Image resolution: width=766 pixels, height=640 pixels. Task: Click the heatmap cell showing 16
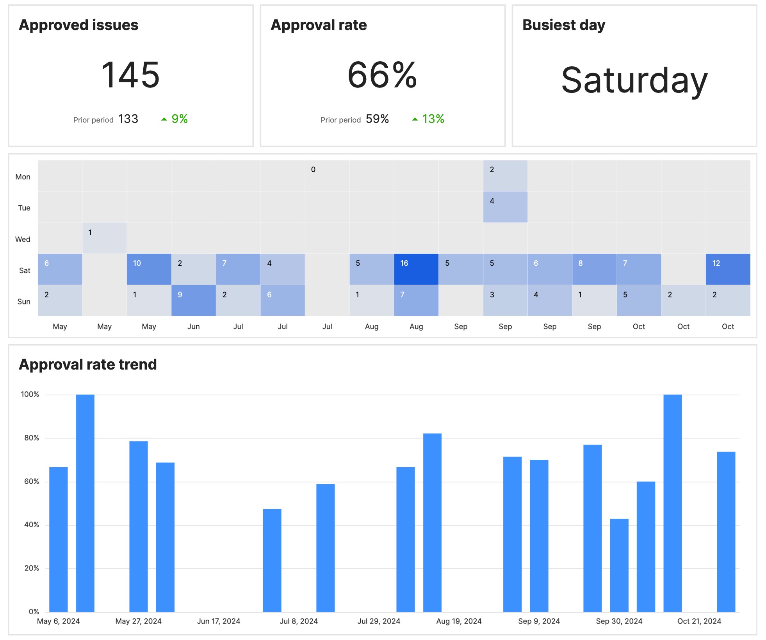coord(416,269)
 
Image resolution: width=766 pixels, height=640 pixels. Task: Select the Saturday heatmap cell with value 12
coord(728,269)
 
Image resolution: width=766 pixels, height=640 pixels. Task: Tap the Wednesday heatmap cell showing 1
coord(104,238)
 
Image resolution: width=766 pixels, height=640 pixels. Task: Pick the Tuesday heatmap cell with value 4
coord(505,207)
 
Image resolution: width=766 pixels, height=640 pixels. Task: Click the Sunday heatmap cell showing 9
coord(193,300)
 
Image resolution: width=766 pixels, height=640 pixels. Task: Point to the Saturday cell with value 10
coord(149,269)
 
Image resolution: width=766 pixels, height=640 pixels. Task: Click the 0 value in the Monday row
coord(313,170)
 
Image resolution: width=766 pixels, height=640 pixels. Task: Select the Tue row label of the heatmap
coord(24,208)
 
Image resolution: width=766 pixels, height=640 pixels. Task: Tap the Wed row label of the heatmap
coord(23,239)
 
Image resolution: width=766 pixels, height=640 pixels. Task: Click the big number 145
coord(130,75)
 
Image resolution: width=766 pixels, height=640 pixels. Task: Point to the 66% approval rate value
coord(382,75)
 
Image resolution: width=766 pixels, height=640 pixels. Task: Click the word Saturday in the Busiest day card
coord(634,80)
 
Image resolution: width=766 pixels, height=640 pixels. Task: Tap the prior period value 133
coord(128,119)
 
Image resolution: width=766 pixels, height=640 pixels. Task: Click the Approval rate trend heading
coord(88,364)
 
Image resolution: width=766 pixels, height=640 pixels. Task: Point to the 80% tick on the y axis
coord(32,438)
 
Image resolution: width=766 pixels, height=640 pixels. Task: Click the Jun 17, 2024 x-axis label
coord(219,621)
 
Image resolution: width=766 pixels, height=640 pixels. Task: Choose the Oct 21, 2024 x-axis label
coord(699,621)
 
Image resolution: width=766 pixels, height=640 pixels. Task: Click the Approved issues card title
coord(78,25)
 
